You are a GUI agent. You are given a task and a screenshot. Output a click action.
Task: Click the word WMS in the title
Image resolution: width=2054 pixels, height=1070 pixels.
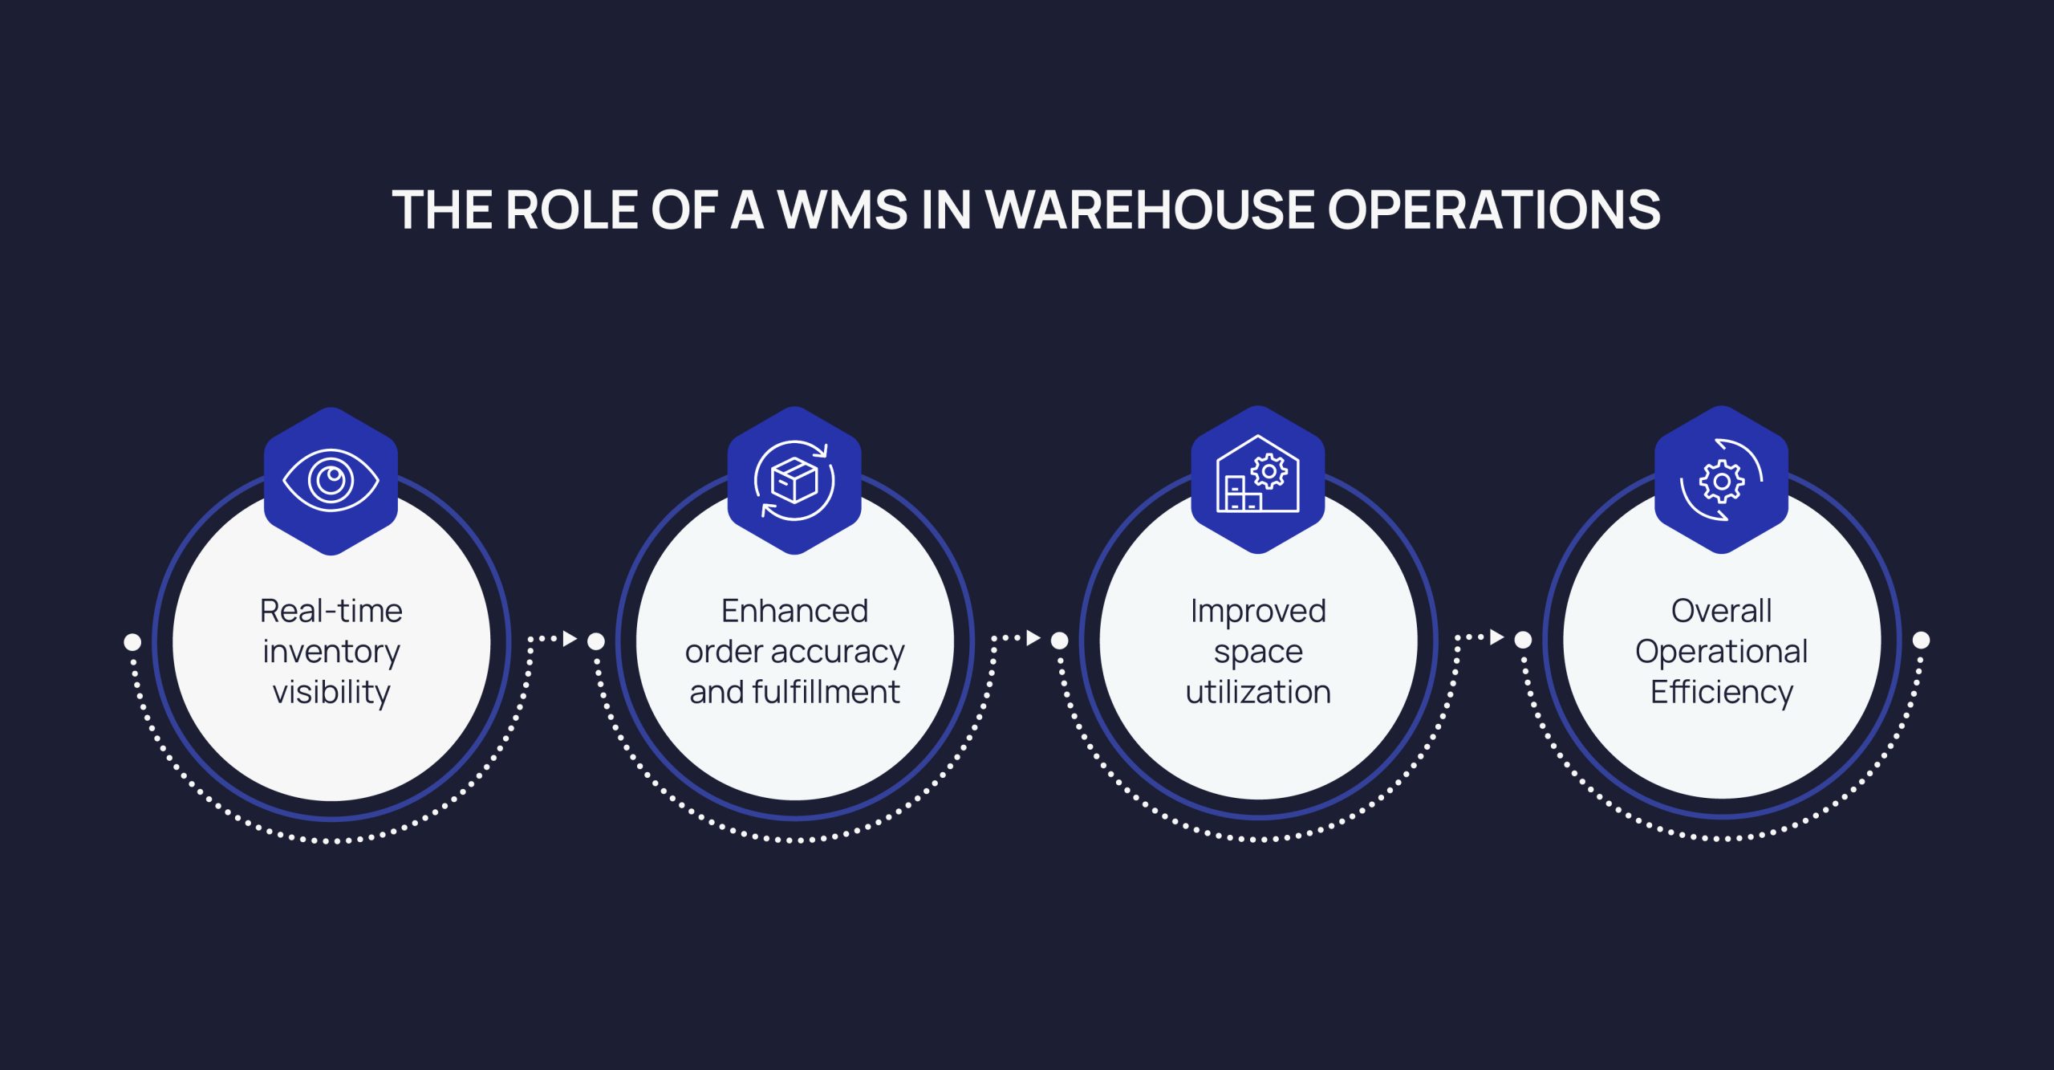pos(842,210)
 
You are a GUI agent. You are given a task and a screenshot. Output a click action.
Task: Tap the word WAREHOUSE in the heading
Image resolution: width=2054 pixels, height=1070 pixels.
pos(1149,210)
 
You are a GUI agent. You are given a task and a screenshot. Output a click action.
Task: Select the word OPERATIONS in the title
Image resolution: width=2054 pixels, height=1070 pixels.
pos(1494,210)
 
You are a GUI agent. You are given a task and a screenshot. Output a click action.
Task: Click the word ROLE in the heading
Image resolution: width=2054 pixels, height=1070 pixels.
pos(571,210)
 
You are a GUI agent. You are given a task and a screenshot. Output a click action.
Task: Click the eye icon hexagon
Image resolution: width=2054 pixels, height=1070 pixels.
pos(331,481)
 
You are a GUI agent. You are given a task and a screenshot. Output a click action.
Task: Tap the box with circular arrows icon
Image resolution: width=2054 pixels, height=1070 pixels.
pos(794,481)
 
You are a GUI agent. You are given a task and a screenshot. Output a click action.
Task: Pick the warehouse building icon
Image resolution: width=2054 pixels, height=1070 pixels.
pos(1257,479)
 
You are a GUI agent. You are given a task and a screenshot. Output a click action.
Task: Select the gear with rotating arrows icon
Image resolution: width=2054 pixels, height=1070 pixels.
pos(1721,480)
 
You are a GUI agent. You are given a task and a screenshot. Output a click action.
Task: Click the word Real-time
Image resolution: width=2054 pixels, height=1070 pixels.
pos(331,611)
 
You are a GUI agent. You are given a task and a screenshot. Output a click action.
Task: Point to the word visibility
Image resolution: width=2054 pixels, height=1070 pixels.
pos(331,692)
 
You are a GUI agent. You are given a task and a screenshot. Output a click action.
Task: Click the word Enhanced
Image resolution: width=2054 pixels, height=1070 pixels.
pos(794,611)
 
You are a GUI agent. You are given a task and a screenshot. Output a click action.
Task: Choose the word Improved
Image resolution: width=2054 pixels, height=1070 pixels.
pos(1257,611)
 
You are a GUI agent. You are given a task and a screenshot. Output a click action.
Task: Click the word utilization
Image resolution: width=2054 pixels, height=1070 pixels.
pos(1257,692)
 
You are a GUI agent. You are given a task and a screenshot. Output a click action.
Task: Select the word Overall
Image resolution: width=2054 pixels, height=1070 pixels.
pos(1721,611)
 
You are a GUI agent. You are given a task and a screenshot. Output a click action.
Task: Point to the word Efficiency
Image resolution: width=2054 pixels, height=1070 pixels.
pos(1721,692)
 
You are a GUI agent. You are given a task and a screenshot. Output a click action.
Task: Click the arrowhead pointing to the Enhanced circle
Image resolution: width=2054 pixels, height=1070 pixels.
pos(570,639)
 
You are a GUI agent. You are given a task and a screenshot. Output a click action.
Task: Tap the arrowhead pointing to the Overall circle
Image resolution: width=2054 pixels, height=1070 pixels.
pos(1496,637)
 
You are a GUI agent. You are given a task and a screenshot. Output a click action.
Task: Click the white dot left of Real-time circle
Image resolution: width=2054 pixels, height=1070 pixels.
pos(132,642)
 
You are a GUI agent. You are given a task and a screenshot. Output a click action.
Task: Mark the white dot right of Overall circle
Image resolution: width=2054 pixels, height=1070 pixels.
pos(1921,640)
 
